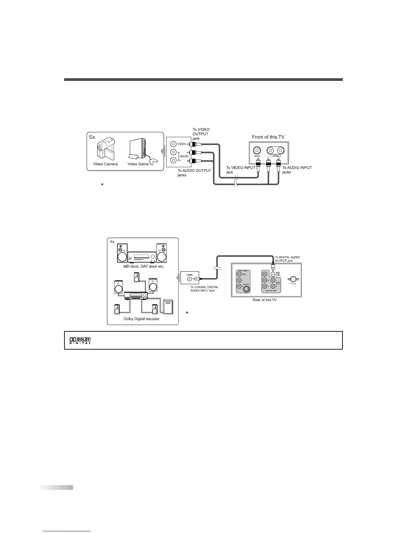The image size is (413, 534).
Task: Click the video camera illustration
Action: [x=105, y=148]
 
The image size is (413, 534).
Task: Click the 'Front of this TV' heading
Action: [x=268, y=137]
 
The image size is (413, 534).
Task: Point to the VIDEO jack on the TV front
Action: [x=257, y=150]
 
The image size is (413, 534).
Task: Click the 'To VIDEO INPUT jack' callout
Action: [x=241, y=170]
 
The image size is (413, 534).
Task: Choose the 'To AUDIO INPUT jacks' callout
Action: [x=297, y=170]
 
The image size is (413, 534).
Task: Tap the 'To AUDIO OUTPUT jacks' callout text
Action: [x=194, y=173]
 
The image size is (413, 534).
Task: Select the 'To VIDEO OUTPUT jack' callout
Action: [x=201, y=134]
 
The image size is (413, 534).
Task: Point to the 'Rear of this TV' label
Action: [x=265, y=300]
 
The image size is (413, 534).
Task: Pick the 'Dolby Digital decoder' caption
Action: [x=141, y=319]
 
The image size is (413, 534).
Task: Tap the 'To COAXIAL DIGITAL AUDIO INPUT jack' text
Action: [x=204, y=289]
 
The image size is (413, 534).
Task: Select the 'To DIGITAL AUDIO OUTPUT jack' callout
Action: [x=287, y=259]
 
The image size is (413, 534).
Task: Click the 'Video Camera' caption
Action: [x=105, y=164]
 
